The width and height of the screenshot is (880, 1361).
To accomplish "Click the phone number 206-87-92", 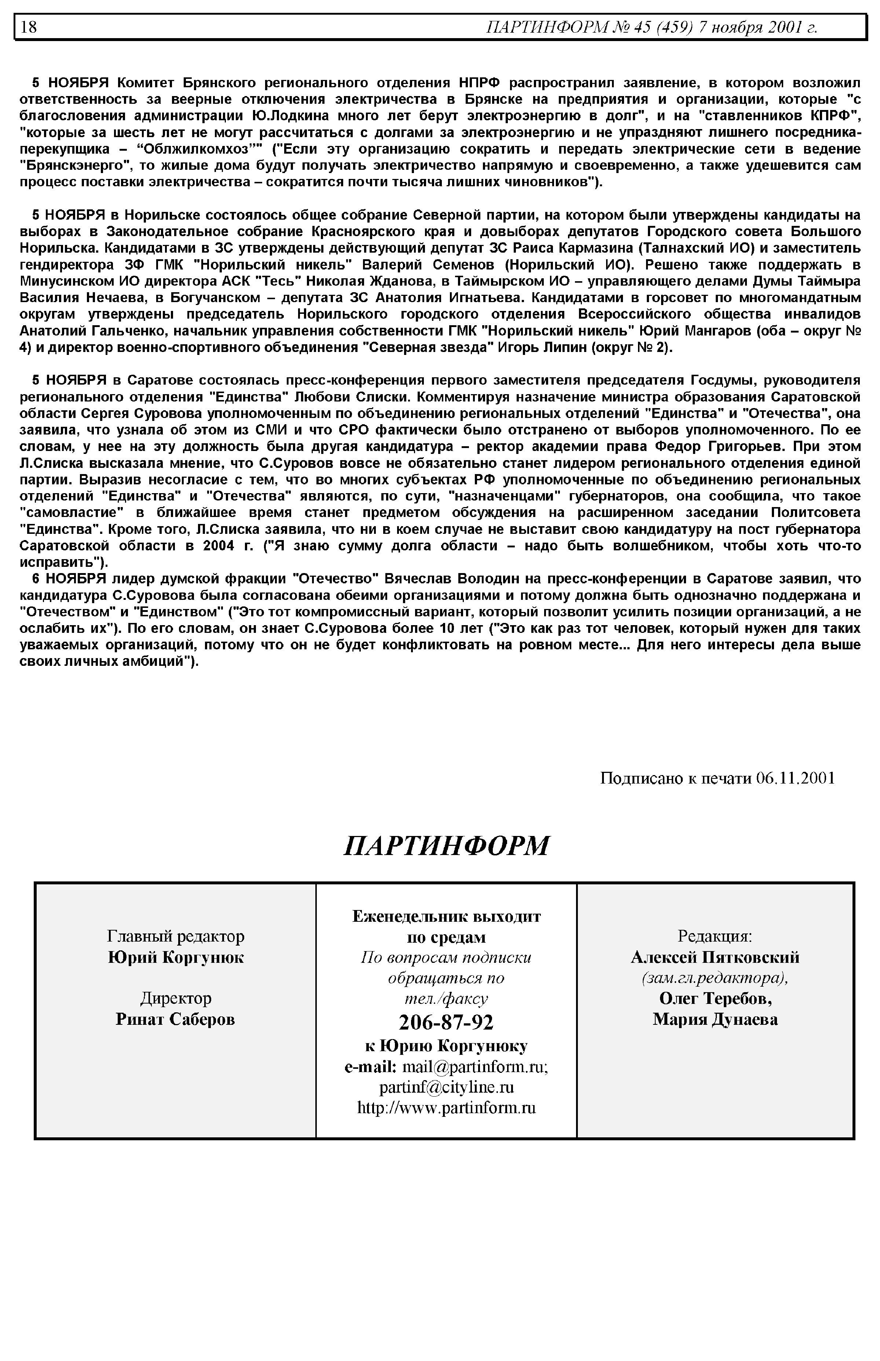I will click(x=446, y=1021).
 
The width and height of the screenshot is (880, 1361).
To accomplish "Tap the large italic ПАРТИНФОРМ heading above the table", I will click(x=446, y=845).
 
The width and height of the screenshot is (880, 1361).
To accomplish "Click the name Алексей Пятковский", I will click(x=715, y=957).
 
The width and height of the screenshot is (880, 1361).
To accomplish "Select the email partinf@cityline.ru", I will click(x=446, y=1086).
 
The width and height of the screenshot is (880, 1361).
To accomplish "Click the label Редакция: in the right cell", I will click(x=715, y=936).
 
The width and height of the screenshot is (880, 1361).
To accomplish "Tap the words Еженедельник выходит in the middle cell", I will click(x=446, y=917).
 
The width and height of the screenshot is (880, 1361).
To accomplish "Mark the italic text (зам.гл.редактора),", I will click(x=715, y=977).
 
